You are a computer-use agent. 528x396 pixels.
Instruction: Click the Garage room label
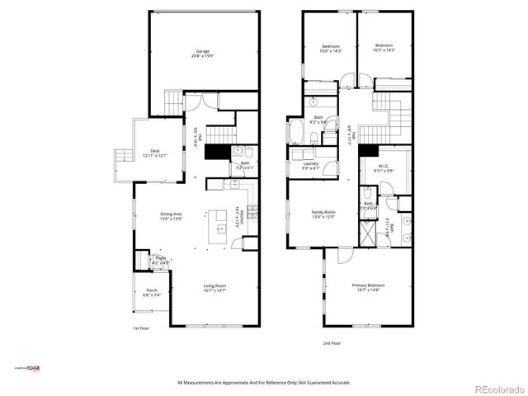pos(202,54)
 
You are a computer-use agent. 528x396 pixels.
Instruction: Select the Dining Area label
pos(171,218)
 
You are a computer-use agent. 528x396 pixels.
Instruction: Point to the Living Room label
pos(214,288)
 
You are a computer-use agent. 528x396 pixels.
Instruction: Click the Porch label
pos(152,292)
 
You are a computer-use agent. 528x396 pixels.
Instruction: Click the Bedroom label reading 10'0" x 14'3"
pos(331,48)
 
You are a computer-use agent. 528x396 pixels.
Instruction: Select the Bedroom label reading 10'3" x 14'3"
pos(384,48)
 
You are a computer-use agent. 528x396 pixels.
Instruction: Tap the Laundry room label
pos(311,166)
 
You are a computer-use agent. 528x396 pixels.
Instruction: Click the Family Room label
pos(323,214)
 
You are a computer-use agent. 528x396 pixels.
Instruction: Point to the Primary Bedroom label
pos(369,287)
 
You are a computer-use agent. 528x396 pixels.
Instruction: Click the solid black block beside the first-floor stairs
pos(217,153)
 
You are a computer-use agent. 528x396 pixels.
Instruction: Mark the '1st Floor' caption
pos(141,328)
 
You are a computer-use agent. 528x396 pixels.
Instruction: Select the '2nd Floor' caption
pos(332,342)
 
